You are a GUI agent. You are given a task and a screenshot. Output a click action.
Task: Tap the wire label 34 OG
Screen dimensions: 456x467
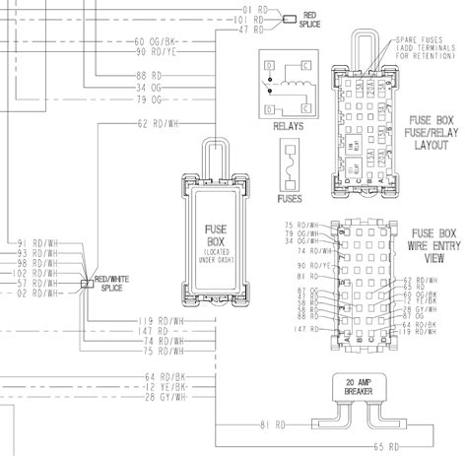click(x=149, y=88)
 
